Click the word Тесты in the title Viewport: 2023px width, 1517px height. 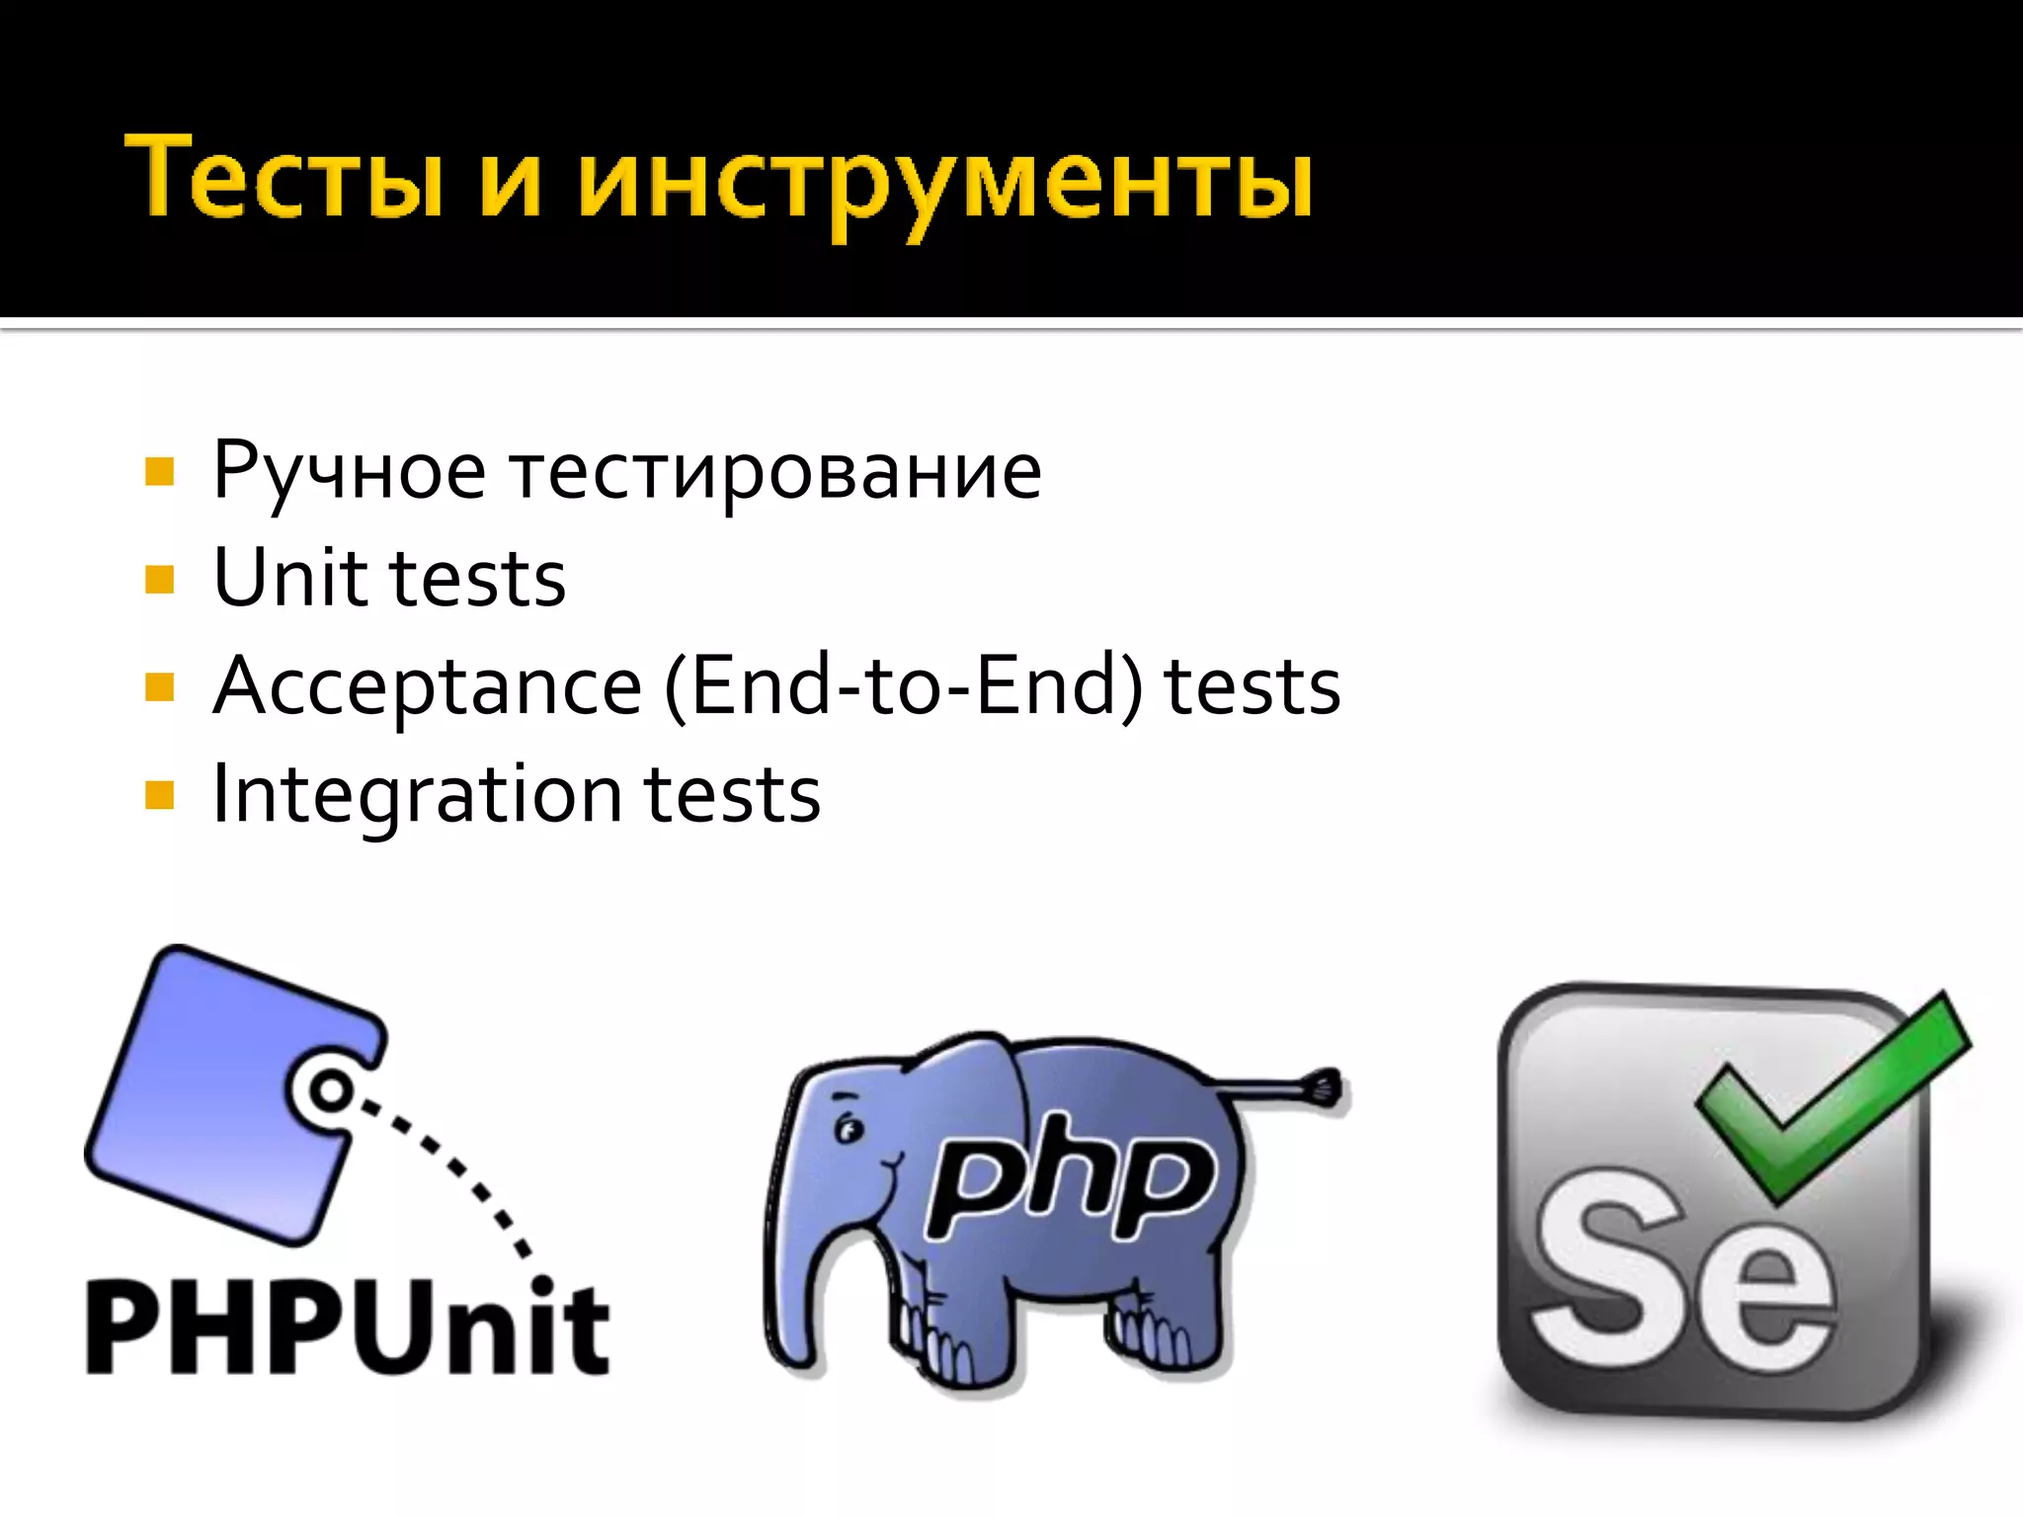click(x=283, y=178)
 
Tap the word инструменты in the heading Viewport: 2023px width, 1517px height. click(x=945, y=183)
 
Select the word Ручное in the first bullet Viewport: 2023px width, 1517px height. click(x=349, y=472)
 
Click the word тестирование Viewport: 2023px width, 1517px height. click(x=775, y=472)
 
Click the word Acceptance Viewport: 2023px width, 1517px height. click(x=428, y=687)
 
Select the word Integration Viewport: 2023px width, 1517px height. click(x=416, y=794)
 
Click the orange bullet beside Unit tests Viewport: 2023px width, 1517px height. click(x=159, y=579)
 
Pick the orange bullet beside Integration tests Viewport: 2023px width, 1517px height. click(x=159, y=795)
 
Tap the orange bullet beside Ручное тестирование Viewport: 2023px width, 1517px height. click(x=159, y=472)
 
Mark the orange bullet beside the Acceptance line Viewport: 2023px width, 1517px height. click(x=159, y=686)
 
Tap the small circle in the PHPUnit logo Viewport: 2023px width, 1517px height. click(x=331, y=1090)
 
